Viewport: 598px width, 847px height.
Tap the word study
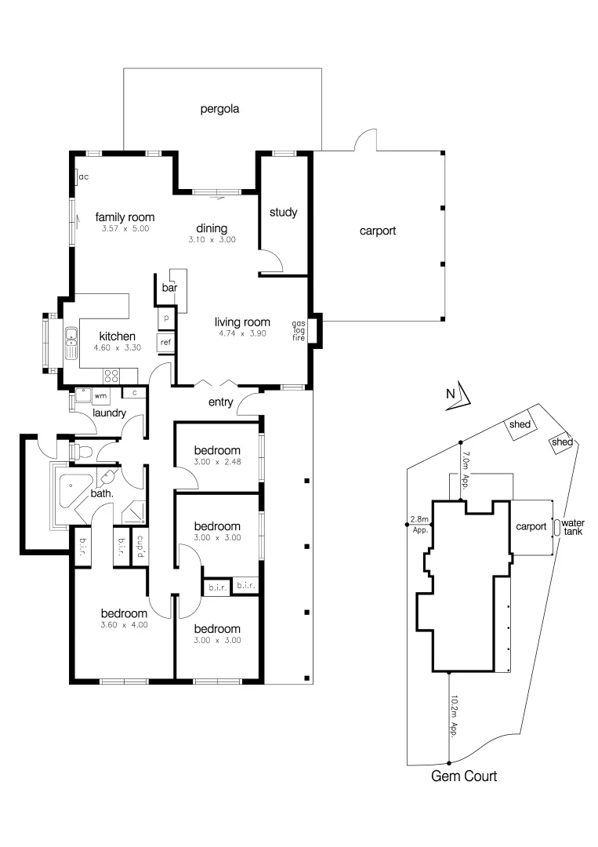pyautogui.click(x=282, y=213)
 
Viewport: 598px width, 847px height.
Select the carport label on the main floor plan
pyautogui.click(x=378, y=231)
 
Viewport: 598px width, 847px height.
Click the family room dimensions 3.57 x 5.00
pyautogui.click(x=125, y=229)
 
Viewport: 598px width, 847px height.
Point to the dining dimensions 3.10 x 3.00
pyautogui.click(x=212, y=240)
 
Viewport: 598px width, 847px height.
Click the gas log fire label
pyautogui.click(x=299, y=330)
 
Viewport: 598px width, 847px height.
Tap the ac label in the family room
pyautogui.click(x=82, y=177)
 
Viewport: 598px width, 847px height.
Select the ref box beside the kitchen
pyautogui.click(x=165, y=343)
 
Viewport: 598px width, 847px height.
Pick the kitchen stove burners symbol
pyautogui.click(x=111, y=374)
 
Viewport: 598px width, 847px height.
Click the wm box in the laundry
pyautogui.click(x=100, y=396)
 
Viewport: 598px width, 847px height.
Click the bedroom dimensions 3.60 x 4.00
pyautogui.click(x=125, y=625)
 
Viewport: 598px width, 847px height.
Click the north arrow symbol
pyautogui.click(x=461, y=395)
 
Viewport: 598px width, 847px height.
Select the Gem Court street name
pyautogui.click(x=464, y=777)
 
